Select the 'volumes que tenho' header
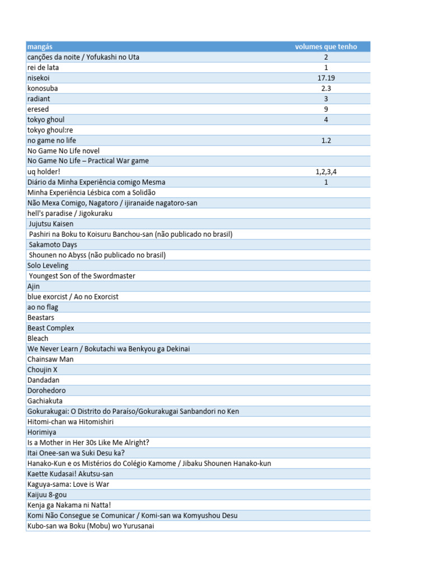[x=326, y=46]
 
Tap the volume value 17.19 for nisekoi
[x=326, y=78]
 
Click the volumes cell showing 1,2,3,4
[x=326, y=172]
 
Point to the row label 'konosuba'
[x=43, y=88]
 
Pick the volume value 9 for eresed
[x=326, y=109]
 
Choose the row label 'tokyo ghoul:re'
[x=50, y=130]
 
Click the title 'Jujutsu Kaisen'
[x=51, y=224]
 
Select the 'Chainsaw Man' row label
[x=50, y=359]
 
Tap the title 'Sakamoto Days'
[x=53, y=245]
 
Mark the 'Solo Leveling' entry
[x=48, y=265]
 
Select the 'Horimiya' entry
[x=42, y=432]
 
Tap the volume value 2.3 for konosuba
[x=326, y=88]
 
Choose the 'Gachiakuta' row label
[x=45, y=401]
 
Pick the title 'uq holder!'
[x=44, y=172]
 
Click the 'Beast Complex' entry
[x=50, y=328]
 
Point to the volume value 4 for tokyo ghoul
[x=326, y=120]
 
